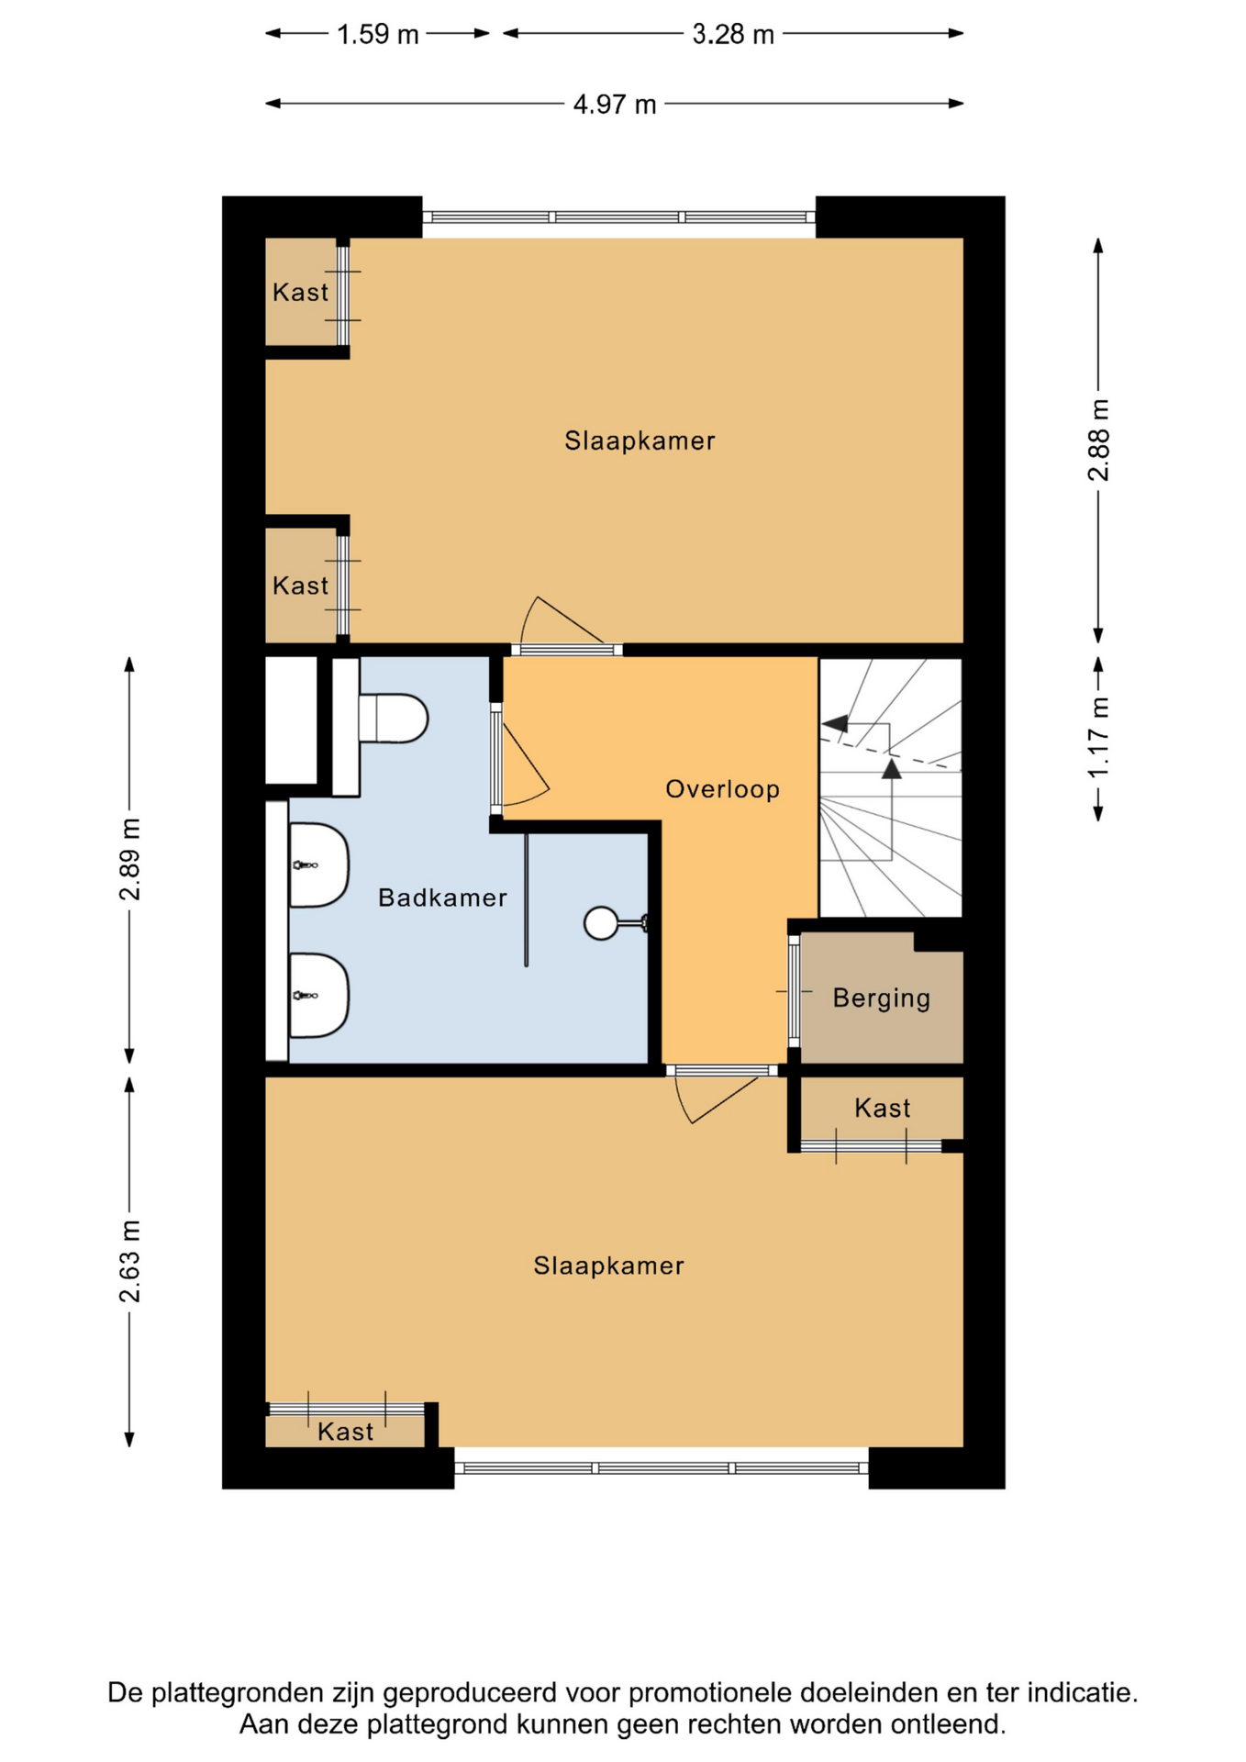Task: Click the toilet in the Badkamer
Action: coord(393,718)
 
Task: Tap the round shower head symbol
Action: coord(601,923)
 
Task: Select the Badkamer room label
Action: coord(442,898)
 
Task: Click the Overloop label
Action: coord(722,789)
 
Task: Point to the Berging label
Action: coord(882,998)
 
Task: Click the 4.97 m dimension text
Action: coord(615,105)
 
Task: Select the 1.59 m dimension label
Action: coord(377,35)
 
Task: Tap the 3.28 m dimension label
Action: coord(733,35)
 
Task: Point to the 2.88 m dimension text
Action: coord(1099,440)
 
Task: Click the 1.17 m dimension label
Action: coord(1099,737)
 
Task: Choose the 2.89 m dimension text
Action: coord(130,859)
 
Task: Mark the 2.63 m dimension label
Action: coord(130,1262)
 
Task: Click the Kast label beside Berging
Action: coord(882,1109)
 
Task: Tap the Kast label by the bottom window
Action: coord(345,1432)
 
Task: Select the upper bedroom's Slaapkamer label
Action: coord(640,441)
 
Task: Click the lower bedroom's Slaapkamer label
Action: coord(609,1266)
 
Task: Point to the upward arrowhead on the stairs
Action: coord(891,768)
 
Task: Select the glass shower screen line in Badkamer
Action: coord(526,899)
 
